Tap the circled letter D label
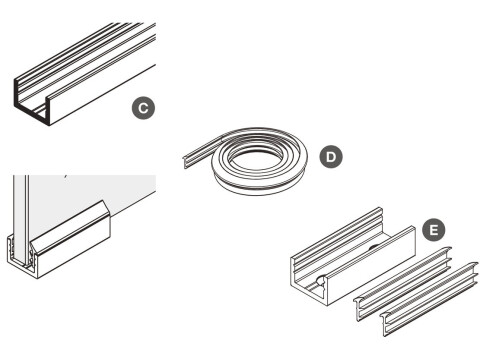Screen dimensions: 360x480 pyautogui.click(x=328, y=156)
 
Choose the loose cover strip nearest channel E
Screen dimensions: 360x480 pyautogui.click(x=400, y=280)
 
